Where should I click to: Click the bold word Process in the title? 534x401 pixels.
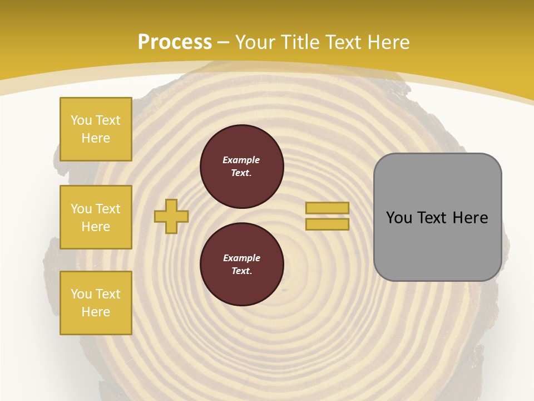click(175, 42)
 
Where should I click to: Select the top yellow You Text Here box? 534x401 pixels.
click(96, 129)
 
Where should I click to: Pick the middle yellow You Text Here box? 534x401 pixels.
click(96, 217)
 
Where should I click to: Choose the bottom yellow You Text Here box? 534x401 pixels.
click(96, 303)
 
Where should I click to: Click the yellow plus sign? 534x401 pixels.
click(171, 216)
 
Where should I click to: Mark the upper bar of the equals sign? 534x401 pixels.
click(328, 208)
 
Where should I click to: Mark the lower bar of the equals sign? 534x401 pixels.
click(328, 224)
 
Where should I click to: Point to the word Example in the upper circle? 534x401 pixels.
click(241, 160)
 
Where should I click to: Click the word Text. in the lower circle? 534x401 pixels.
click(241, 271)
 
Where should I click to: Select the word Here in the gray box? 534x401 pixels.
click(470, 218)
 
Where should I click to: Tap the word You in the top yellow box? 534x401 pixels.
click(81, 120)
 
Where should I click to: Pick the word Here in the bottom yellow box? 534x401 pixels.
click(96, 312)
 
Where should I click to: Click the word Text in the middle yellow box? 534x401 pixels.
click(107, 209)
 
